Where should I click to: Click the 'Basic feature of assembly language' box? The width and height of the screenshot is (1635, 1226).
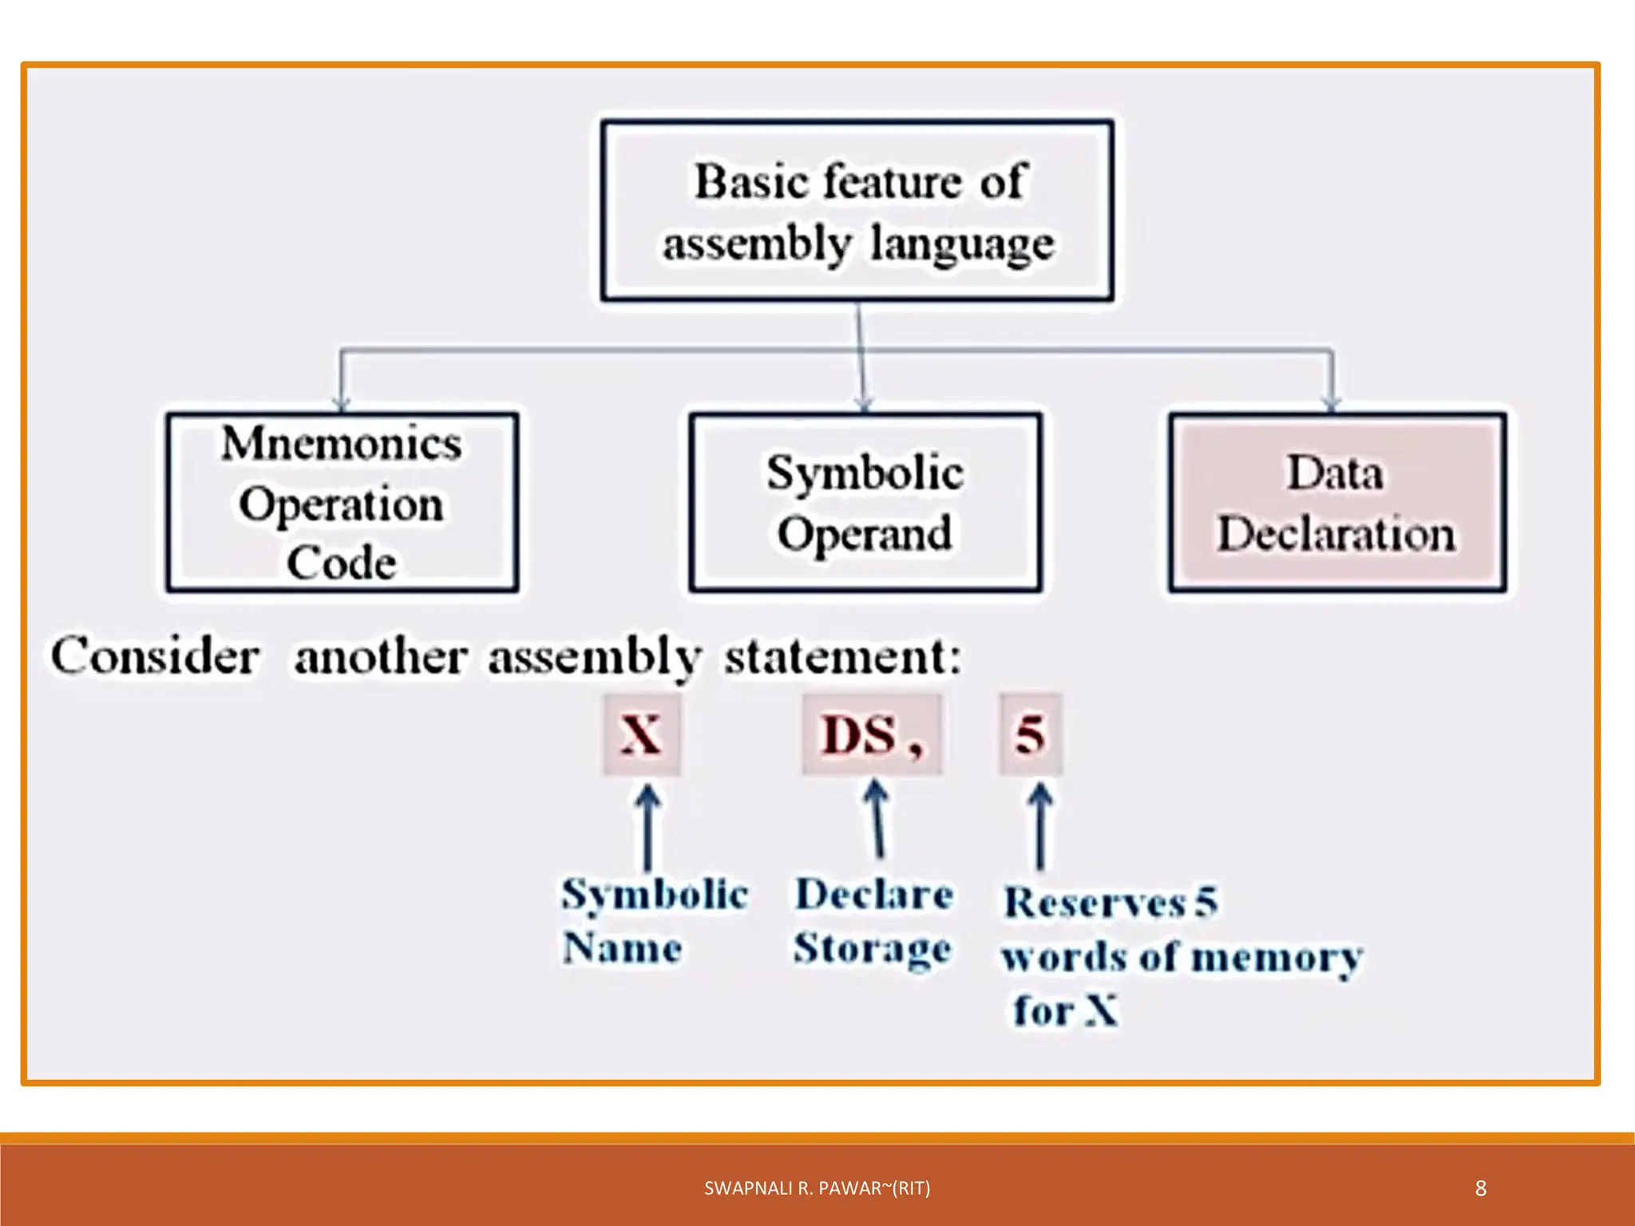pos(857,211)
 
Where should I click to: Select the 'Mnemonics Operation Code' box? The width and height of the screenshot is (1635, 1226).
pos(342,503)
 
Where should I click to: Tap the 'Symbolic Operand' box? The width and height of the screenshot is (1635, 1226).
pos(865,503)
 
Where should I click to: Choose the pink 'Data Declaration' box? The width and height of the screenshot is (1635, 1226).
pos(1337,503)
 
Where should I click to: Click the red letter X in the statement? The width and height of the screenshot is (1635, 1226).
pos(642,734)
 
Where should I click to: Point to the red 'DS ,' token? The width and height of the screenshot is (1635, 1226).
pos(872,734)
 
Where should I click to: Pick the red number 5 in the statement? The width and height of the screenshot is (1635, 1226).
pos(1030,734)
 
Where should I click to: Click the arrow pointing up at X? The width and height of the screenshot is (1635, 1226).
pos(647,827)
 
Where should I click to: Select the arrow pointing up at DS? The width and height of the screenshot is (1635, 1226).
pos(877,819)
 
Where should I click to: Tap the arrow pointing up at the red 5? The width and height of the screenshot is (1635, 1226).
pos(1039,825)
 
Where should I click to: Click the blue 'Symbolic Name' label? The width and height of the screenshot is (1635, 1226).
pos(655,921)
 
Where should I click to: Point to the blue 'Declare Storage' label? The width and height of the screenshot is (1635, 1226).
pos(874,921)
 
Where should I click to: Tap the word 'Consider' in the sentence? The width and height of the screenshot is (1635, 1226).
pos(156,656)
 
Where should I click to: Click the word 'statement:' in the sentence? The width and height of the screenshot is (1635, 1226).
pos(843,656)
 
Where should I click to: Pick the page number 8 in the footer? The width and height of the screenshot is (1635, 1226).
pos(1481,1188)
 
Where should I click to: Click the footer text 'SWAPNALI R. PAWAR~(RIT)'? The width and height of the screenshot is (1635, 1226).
pos(817,1188)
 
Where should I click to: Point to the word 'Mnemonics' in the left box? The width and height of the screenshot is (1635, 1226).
pos(342,444)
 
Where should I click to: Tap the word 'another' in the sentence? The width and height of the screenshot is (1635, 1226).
pos(381,658)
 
